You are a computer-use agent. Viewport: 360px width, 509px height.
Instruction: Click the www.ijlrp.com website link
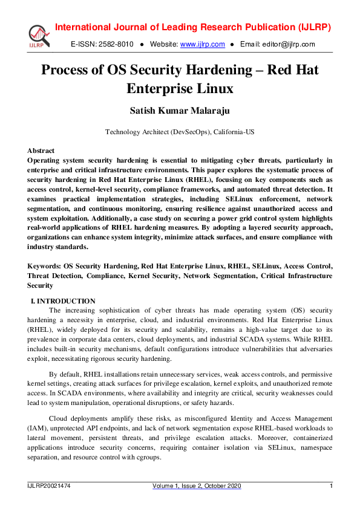coord(203,44)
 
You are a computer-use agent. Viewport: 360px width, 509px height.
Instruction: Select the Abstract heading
coord(41,151)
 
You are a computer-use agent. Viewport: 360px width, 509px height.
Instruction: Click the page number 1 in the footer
coord(331,486)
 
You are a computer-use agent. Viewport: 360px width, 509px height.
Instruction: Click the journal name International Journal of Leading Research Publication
coord(175,28)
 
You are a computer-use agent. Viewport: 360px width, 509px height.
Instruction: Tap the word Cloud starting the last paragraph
coord(59,418)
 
